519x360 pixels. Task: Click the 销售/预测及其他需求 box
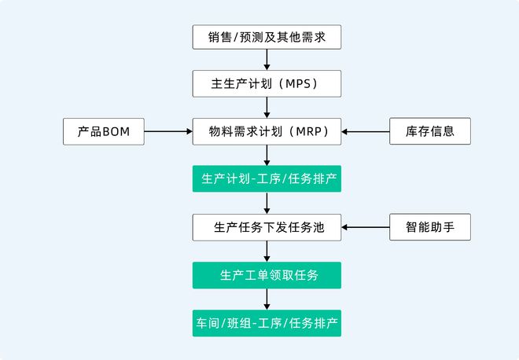click(x=267, y=36)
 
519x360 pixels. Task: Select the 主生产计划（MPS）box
click(x=267, y=83)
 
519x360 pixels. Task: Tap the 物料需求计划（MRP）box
click(x=267, y=130)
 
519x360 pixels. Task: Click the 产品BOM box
click(x=104, y=130)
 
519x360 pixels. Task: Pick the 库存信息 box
click(x=430, y=130)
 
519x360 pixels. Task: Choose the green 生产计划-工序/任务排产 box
click(x=267, y=178)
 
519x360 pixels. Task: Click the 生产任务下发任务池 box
click(x=267, y=227)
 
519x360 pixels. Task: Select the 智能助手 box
click(x=430, y=227)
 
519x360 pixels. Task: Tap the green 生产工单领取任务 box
click(x=267, y=275)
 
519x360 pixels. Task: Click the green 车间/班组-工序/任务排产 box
click(x=267, y=323)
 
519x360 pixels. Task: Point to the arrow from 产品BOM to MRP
click(x=168, y=130)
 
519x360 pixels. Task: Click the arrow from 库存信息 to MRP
click(x=366, y=130)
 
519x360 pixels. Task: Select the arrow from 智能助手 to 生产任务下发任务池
click(x=366, y=227)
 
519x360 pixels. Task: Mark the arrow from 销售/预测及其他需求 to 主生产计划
click(x=267, y=60)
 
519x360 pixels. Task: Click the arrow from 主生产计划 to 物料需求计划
click(x=267, y=107)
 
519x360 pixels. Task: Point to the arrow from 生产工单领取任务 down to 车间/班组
click(x=267, y=299)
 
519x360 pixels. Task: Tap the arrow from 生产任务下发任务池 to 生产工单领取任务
click(x=267, y=251)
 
